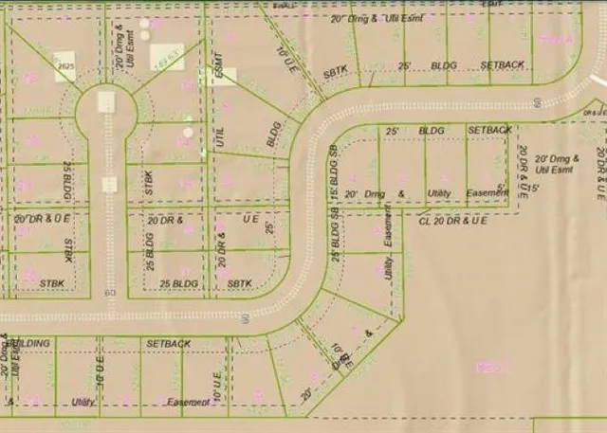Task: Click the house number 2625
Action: pyautogui.click(x=64, y=67)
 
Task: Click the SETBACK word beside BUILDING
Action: pyautogui.click(x=169, y=343)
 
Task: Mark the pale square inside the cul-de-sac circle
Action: pyautogui.click(x=105, y=100)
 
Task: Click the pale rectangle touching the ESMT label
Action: pyautogui.click(x=226, y=77)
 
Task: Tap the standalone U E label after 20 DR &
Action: pyautogui.click(x=250, y=218)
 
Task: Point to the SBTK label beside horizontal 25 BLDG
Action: pyautogui.click(x=240, y=283)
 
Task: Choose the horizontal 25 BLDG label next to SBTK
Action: pyautogui.click(x=178, y=283)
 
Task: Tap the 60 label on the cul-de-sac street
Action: pyautogui.click(x=110, y=293)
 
